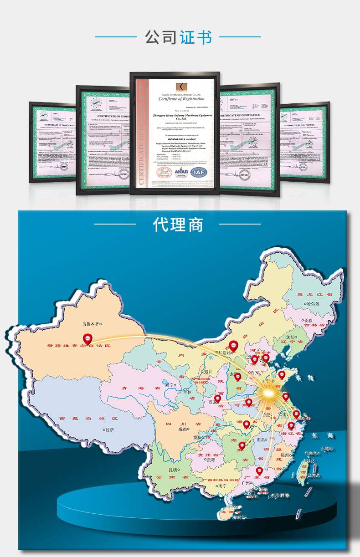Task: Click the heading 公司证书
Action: pyautogui.click(x=179, y=37)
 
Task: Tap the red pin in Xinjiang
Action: pyautogui.click(x=87, y=338)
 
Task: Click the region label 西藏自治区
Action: pyautogui.click(x=88, y=419)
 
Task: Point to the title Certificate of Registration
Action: pyautogui.click(x=181, y=99)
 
